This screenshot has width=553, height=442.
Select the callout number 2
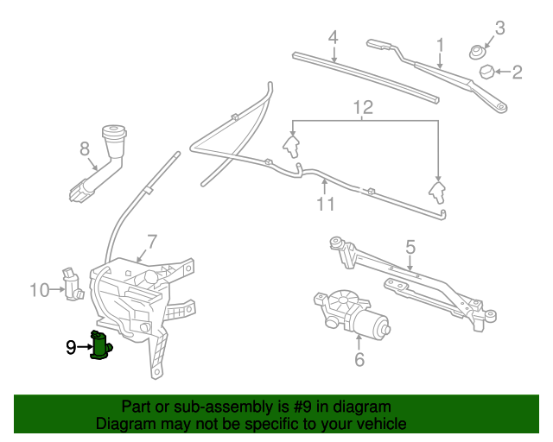pyautogui.click(x=517, y=73)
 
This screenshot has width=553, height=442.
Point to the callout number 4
pyautogui.click(x=333, y=37)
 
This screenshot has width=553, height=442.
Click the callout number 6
pyautogui.click(x=359, y=358)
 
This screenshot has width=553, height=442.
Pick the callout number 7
pyautogui.click(x=151, y=242)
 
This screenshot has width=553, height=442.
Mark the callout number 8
pyautogui.click(x=85, y=149)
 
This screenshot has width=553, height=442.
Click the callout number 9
pyautogui.click(x=71, y=348)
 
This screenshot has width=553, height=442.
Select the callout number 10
pyautogui.click(x=40, y=290)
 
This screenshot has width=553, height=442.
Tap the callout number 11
pyautogui.click(x=325, y=204)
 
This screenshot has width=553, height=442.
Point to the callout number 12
pyautogui.click(x=363, y=108)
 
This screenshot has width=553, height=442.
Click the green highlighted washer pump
pyautogui.click(x=102, y=346)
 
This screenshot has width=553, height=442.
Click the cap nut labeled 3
pyautogui.click(x=476, y=52)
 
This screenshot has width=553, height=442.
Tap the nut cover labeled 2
pyautogui.click(x=486, y=70)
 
